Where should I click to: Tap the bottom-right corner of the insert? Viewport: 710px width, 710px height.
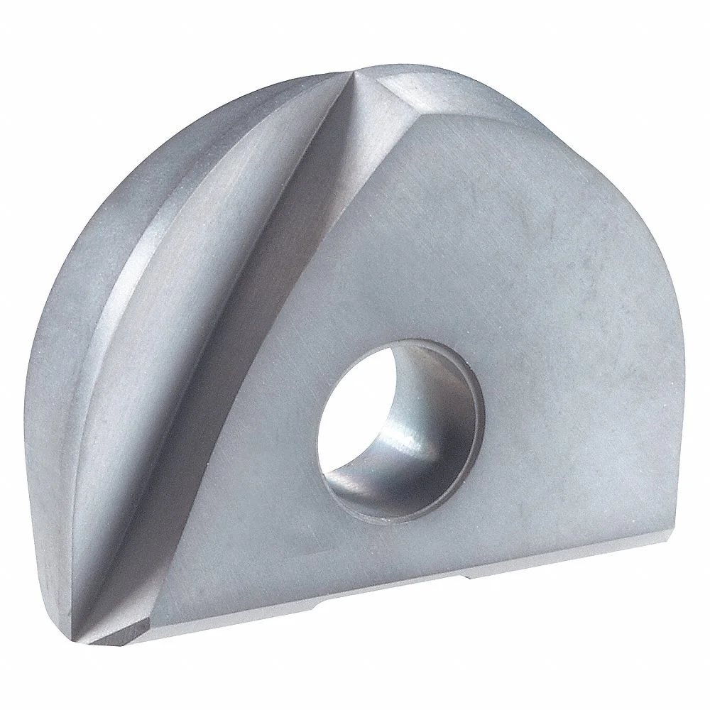click(x=664, y=522)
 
